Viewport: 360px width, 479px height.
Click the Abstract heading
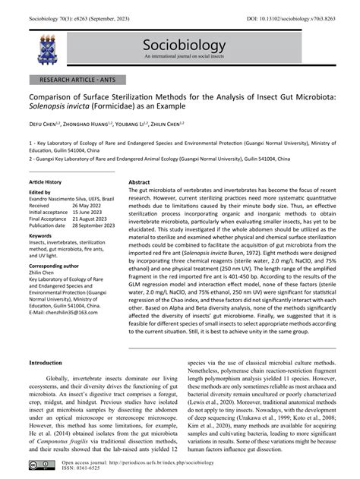pyautogui.click(x=139, y=183)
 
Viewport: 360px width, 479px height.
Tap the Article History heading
pyautogui.click(x=46, y=183)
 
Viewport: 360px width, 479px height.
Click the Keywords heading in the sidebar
pyautogui.click(x=42, y=236)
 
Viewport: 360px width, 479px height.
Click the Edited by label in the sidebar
pyautogui.click(x=39, y=191)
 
